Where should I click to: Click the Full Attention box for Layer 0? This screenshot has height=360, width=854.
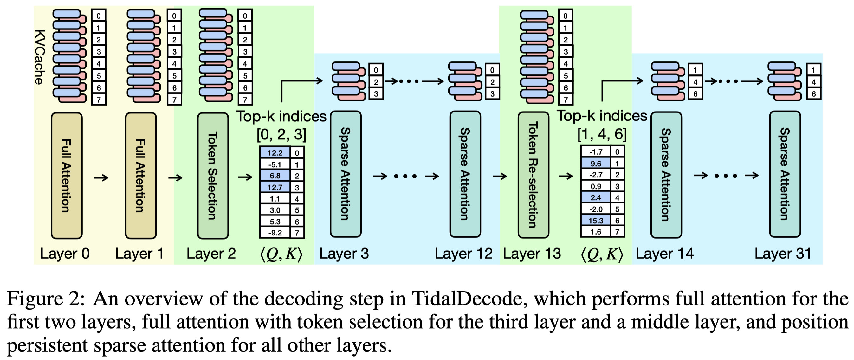click(67, 175)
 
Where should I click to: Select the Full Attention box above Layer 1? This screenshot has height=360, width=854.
click(141, 175)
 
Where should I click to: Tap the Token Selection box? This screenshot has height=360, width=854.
click(213, 175)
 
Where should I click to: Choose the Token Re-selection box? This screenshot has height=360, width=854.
click(533, 175)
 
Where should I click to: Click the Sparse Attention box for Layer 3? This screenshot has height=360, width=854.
click(346, 174)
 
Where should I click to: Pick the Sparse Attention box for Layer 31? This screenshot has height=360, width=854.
click(785, 174)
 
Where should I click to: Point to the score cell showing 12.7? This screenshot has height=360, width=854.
click(275, 187)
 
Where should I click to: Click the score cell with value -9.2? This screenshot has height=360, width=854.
click(275, 233)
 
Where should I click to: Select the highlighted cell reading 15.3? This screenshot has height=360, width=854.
click(595, 221)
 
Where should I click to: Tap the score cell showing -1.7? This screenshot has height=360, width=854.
click(595, 152)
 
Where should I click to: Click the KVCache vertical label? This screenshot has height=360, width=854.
click(40, 57)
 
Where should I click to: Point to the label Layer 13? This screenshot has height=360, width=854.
click(532, 254)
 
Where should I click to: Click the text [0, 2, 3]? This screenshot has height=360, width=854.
click(281, 134)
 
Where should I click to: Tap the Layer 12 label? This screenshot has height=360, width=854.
click(463, 254)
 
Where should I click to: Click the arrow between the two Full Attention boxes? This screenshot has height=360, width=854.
click(101, 178)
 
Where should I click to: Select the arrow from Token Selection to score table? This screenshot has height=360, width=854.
click(245, 177)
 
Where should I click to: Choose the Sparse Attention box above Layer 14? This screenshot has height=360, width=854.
click(666, 175)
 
